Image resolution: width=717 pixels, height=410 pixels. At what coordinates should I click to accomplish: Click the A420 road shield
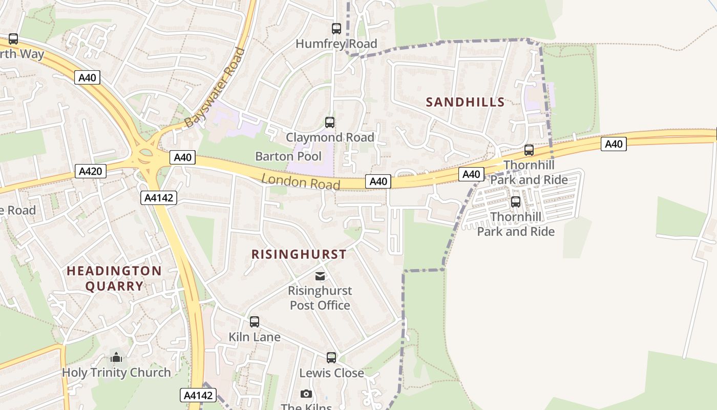(x=91, y=171)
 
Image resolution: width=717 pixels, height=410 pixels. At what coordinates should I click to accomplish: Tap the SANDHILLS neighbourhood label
(x=465, y=102)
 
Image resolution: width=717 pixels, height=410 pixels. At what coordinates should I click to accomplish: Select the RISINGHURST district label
(x=299, y=254)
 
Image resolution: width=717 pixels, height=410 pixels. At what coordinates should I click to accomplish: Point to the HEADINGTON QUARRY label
(x=114, y=278)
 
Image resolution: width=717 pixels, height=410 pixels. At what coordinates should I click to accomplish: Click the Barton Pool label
(x=288, y=156)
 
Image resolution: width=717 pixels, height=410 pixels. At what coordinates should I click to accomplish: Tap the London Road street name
(x=301, y=181)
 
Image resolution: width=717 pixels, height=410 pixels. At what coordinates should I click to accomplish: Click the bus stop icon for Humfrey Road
(x=336, y=29)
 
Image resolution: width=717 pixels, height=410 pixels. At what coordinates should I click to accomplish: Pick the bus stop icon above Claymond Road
(x=330, y=122)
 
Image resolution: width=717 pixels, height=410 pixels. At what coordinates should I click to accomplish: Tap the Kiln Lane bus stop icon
(x=255, y=322)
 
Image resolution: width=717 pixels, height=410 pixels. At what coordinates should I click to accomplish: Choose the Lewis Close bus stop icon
(x=331, y=357)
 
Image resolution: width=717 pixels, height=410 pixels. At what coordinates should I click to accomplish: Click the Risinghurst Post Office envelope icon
(x=320, y=277)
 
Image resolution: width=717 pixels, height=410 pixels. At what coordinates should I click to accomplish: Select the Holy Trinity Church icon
(x=117, y=357)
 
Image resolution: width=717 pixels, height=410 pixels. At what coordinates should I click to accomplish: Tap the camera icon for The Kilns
(x=306, y=394)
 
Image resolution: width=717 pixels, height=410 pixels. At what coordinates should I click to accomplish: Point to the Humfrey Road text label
(x=336, y=44)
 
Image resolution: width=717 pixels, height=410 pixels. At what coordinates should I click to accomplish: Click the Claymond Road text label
(x=330, y=137)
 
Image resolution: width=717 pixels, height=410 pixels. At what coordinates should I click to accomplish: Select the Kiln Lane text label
(x=255, y=337)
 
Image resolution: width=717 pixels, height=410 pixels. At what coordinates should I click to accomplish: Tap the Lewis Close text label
(x=331, y=373)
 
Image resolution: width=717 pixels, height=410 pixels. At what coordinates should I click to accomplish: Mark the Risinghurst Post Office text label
(x=320, y=298)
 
